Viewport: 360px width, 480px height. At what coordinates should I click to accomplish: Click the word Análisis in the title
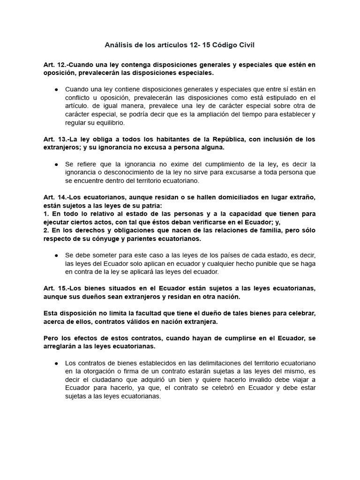[x=119, y=45]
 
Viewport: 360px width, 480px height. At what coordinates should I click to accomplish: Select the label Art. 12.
[x=53, y=65]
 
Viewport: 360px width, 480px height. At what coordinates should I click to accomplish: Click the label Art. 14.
[x=53, y=197]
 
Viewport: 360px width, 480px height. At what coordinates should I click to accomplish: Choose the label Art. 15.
[x=53, y=288]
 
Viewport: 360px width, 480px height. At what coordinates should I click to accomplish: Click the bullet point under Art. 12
[x=56, y=89]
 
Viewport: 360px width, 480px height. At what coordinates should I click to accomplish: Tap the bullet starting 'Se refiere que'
[x=56, y=164]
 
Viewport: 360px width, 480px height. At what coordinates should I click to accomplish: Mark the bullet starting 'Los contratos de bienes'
[x=56, y=363]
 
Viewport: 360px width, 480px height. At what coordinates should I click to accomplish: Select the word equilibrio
[x=111, y=122]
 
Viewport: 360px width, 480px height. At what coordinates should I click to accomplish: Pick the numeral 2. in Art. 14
[x=45, y=231]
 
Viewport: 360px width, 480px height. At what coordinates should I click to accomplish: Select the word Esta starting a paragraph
[x=51, y=312]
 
